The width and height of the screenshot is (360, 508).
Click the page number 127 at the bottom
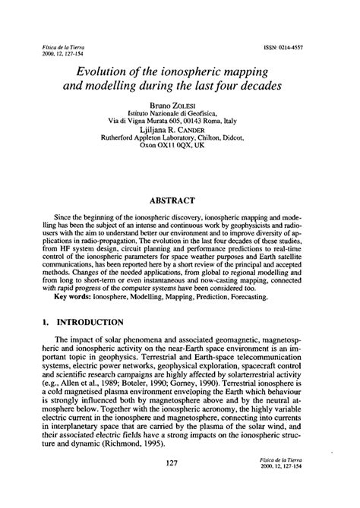click(180, 484)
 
